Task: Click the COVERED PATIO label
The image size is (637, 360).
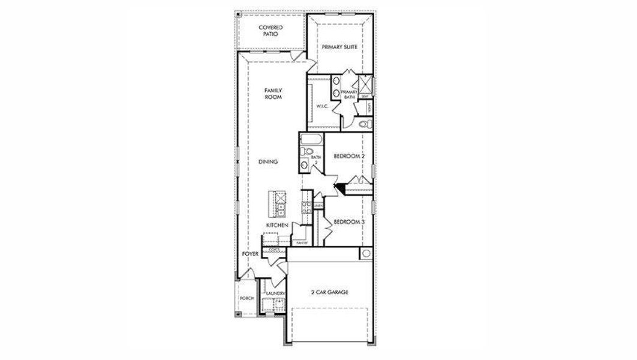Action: coord(271,31)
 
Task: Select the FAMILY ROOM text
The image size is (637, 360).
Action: coord(274,93)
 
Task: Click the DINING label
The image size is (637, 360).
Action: coord(268,161)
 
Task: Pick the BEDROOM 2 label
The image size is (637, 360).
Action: coord(349,156)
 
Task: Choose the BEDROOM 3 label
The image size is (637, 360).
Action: coord(349,222)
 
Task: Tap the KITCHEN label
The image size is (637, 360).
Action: coord(278,225)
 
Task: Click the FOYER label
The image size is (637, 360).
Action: coord(250,254)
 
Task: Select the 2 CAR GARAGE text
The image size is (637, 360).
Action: coord(329,292)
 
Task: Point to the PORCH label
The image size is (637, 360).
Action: coord(247,298)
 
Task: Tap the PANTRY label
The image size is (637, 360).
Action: coord(302,243)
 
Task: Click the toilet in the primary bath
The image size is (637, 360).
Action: coord(364,124)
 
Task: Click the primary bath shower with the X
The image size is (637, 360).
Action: coord(364,85)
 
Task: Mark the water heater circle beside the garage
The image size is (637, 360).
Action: coord(366,254)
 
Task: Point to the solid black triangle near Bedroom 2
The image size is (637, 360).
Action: coord(340,188)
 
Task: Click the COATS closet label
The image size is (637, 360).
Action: coord(274,249)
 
